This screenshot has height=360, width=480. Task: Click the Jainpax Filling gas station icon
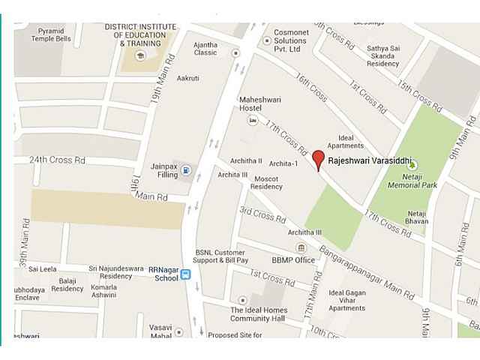(x=185, y=171)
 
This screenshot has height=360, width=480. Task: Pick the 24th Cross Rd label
(x=57, y=160)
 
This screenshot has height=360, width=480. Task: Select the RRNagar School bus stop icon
(x=185, y=275)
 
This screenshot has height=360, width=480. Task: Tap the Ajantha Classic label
(x=205, y=49)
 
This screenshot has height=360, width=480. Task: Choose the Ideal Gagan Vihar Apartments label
(x=346, y=300)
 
